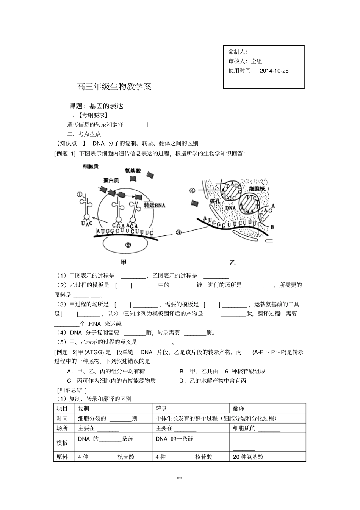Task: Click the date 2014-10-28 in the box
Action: pos(274,71)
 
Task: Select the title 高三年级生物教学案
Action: pos(114,87)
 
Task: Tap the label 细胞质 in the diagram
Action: pos(91,166)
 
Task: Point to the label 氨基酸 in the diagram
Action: pos(132,171)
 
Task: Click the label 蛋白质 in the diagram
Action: pos(111,180)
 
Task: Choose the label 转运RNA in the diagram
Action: pos(155,205)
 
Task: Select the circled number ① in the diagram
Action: pos(80,195)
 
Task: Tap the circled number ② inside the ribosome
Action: pos(128,245)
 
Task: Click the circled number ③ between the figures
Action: pos(178,232)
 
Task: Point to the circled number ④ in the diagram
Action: pos(192,191)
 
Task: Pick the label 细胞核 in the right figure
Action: pos(257,188)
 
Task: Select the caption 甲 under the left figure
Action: pos(124,262)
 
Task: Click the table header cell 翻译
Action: pos(239,408)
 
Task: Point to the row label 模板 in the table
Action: pos(62,443)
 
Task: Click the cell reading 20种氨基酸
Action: pos(248,457)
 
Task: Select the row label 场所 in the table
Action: pos(62,428)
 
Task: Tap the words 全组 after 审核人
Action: pos(257,61)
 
